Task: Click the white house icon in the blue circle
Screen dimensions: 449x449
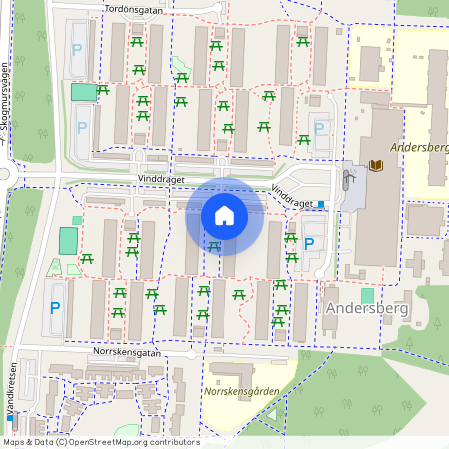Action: [224, 215]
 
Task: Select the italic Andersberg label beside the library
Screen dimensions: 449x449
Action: [420, 147]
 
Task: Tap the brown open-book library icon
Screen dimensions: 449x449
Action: [375, 165]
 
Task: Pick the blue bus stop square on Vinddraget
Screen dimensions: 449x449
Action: [322, 204]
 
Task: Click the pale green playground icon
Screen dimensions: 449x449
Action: [54, 266]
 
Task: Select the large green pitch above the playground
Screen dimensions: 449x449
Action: [68, 241]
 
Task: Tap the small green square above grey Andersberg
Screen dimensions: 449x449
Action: [367, 296]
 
